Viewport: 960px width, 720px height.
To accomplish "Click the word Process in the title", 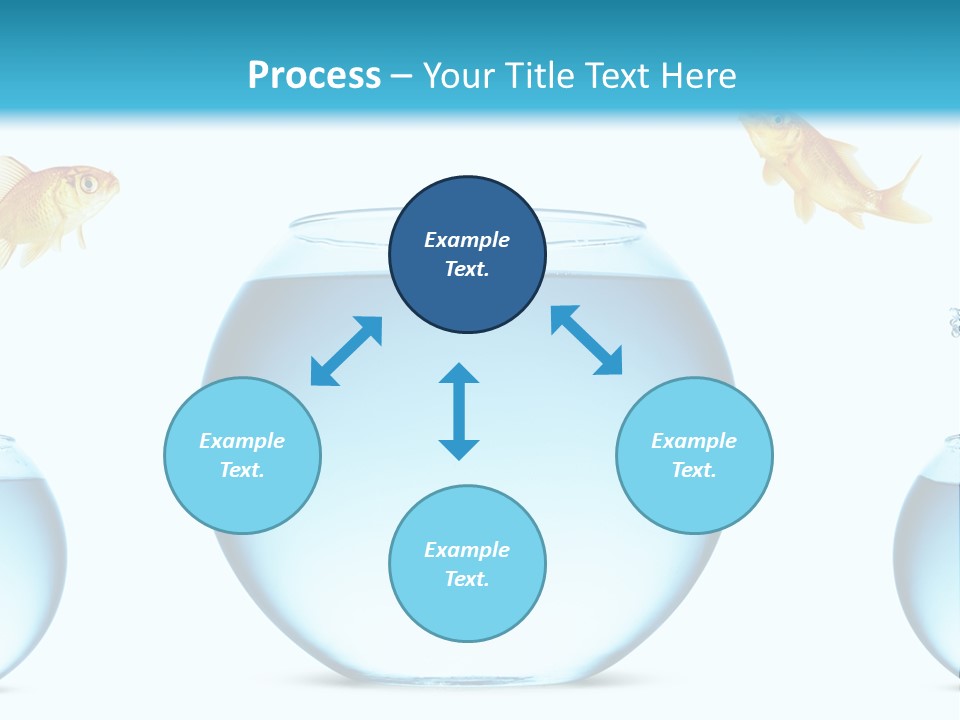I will pyautogui.click(x=314, y=76).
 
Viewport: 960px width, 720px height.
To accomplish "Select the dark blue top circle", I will pyautogui.click(x=467, y=254).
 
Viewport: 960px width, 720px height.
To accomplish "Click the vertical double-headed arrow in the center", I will pyautogui.click(x=459, y=411).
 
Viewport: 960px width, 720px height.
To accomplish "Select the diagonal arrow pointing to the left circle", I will pyautogui.click(x=346, y=351).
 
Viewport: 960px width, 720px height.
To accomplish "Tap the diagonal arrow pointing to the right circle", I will pyautogui.click(x=587, y=340).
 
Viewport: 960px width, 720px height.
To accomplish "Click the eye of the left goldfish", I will pyautogui.click(x=89, y=183).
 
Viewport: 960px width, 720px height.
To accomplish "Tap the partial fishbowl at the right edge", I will pyautogui.click(x=930, y=560).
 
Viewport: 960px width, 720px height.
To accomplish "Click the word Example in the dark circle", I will pyautogui.click(x=467, y=240).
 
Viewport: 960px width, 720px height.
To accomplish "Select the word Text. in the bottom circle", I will pyautogui.click(x=467, y=579).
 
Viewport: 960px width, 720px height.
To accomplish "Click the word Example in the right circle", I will pyautogui.click(x=694, y=441).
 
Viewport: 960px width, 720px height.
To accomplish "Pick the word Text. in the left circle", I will pyautogui.click(x=242, y=470).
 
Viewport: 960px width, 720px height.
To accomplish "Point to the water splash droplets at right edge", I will pyautogui.click(x=954, y=322).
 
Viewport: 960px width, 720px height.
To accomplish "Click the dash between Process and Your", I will pyautogui.click(x=402, y=77).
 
